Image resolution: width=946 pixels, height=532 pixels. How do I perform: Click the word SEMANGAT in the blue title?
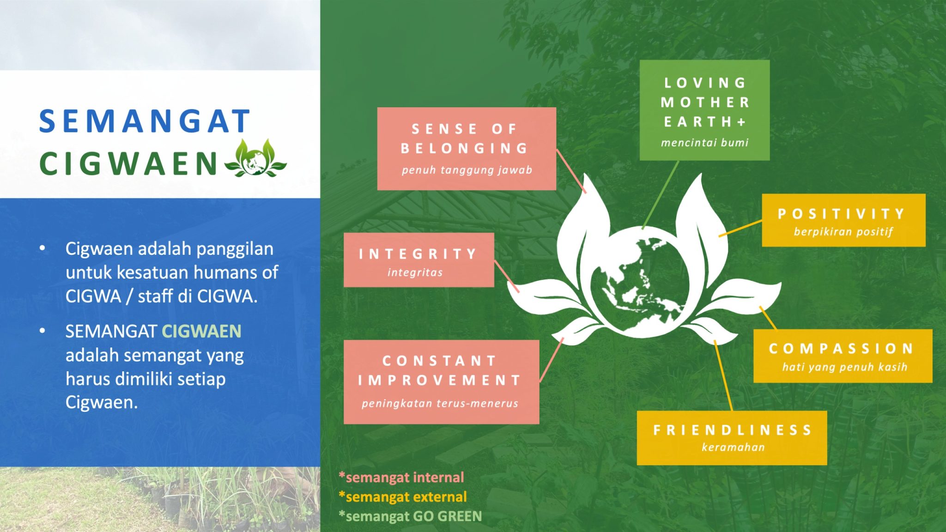[x=145, y=121]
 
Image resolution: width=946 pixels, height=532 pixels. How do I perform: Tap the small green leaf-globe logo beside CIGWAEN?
[x=255, y=158]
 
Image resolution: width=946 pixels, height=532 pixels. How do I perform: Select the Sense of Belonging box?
[x=467, y=149]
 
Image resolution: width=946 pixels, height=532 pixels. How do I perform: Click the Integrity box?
[x=419, y=260]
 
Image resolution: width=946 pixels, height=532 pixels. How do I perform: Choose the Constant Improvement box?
[x=441, y=382]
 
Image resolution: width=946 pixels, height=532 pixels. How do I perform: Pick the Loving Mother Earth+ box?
[x=704, y=110]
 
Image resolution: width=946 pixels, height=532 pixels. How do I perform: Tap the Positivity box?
[x=843, y=220]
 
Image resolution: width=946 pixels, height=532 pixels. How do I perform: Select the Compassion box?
[x=843, y=356]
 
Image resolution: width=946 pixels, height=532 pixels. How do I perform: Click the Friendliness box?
[x=732, y=438]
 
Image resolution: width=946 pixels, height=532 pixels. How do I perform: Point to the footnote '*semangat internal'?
[x=401, y=477]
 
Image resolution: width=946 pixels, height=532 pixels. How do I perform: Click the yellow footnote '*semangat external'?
[x=402, y=496]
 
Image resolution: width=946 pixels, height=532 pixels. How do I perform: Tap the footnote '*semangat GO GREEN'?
[x=410, y=516]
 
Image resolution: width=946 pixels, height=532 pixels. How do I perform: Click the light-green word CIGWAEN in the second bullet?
[x=201, y=331]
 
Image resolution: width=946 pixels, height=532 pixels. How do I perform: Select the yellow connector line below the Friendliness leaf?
[x=723, y=375]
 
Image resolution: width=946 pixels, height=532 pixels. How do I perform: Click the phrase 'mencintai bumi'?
[x=704, y=143]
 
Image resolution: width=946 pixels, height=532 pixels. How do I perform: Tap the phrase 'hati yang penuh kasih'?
[x=845, y=367]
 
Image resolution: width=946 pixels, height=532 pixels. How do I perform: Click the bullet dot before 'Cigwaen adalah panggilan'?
[x=42, y=248]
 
